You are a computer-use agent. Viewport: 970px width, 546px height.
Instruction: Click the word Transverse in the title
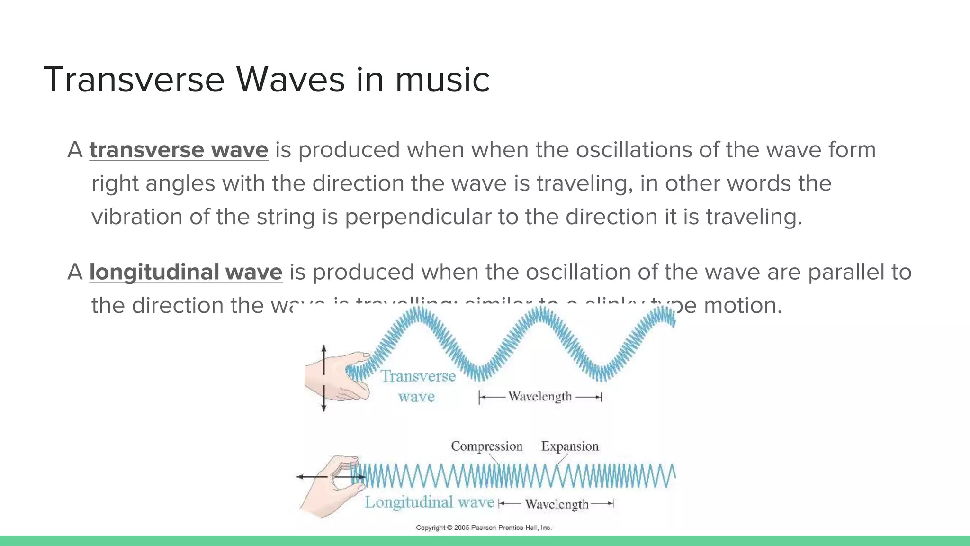134,80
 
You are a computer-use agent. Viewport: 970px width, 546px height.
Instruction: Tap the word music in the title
442,80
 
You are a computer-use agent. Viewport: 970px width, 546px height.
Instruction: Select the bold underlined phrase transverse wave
179,150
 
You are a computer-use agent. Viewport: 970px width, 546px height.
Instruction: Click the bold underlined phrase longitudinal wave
186,272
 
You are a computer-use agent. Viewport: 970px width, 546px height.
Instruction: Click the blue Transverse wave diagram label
418,386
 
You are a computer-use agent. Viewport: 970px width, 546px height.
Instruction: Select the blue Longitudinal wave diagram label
429,502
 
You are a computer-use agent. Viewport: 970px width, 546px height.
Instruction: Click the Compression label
486,446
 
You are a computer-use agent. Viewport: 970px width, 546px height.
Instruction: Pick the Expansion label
570,446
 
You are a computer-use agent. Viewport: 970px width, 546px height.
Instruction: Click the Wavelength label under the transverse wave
540,397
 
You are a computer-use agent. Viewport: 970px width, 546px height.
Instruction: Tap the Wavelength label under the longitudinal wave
557,504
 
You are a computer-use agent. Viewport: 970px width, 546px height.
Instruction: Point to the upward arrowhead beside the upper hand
324,348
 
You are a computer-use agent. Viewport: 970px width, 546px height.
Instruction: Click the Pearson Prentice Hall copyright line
484,528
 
